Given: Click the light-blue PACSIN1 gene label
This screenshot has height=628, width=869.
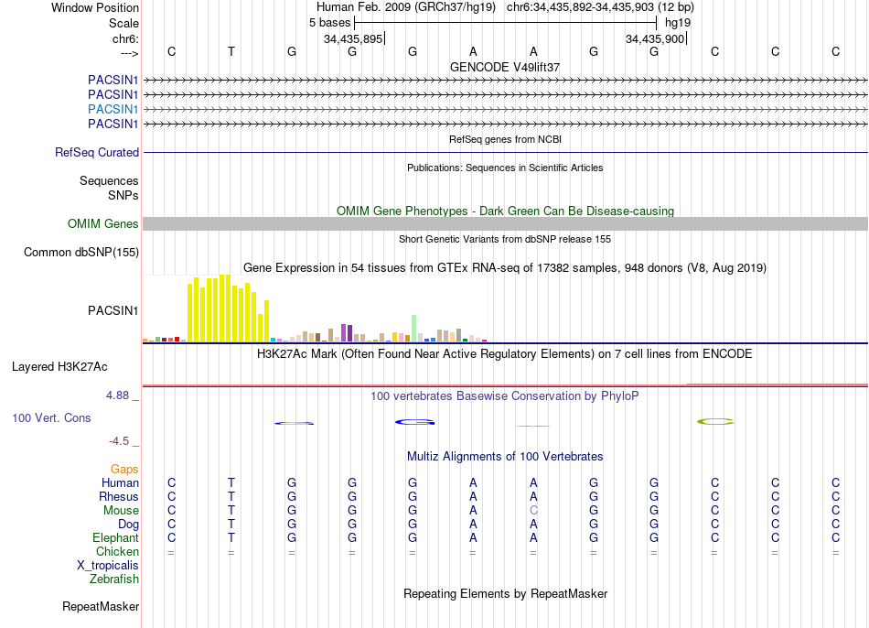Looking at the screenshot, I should pos(113,109).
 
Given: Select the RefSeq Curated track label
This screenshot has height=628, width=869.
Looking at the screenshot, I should pos(97,153).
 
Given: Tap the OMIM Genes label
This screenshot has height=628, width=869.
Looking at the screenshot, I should pos(103,223).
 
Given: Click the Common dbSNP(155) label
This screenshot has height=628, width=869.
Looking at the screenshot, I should pos(81,253).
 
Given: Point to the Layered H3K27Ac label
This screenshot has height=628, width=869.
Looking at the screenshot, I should pos(59,367).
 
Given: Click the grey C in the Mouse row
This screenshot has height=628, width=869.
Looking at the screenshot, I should pos(533,511).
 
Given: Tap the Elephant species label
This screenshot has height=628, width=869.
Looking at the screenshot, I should pos(115,538).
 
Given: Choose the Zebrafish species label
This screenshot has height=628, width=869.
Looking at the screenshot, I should pos(114,579).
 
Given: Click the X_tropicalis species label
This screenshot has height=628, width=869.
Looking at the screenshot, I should pos(108,566).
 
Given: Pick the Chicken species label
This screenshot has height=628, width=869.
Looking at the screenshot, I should pos(118,552).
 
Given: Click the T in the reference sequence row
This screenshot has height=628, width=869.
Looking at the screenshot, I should pos(231,51).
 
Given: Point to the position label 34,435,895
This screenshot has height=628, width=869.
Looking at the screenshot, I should pos(353,38).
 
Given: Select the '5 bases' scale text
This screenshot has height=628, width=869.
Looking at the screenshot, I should pos(330,21).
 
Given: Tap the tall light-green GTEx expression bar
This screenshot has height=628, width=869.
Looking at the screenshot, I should pos(414,328).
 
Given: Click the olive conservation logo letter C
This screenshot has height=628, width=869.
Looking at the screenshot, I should pos(715,421).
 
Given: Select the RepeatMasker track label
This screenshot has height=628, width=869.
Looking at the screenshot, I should pos(101,606).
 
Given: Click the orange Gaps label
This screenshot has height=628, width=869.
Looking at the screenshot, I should pos(124,470).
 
